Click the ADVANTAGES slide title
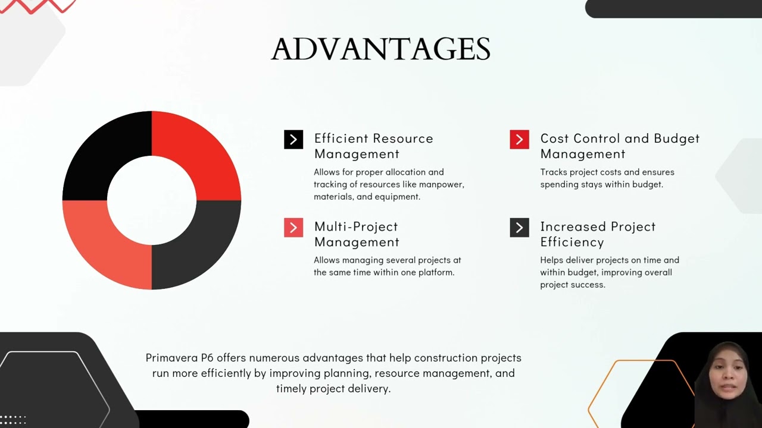(x=380, y=49)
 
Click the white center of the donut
(x=152, y=200)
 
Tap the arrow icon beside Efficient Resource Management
(x=293, y=140)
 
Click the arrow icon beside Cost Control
(x=519, y=140)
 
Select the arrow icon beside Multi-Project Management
(x=293, y=228)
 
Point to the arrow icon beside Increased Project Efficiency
(x=519, y=228)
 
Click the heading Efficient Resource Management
(x=373, y=146)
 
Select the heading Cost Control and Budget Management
(x=620, y=146)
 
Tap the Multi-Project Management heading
(x=357, y=234)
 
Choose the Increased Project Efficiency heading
(x=598, y=234)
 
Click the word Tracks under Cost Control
(x=553, y=172)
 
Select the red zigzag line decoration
(x=39, y=6)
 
